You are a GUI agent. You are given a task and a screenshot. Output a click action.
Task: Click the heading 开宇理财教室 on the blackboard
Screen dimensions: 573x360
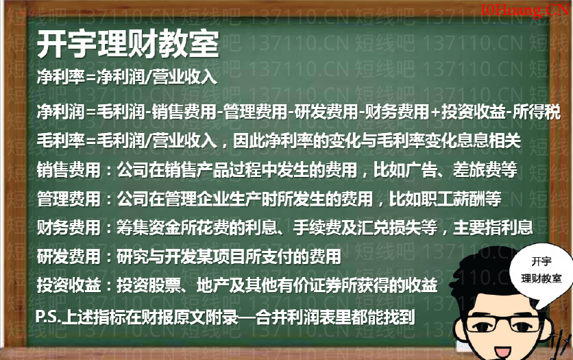point(128,44)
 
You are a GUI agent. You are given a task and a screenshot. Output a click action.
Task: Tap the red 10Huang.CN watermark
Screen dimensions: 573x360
point(525,10)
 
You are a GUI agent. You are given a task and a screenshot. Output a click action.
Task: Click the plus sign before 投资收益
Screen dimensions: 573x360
point(435,112)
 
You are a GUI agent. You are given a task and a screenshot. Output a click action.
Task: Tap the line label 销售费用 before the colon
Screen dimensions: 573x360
point(69,170)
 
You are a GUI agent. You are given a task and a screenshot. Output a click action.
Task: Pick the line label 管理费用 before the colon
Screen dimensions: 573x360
point(69,199)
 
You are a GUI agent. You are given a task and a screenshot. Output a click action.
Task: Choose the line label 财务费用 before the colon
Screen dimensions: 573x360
point(69,228)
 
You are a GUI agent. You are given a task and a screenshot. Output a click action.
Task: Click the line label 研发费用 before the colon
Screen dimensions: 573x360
point(69,256)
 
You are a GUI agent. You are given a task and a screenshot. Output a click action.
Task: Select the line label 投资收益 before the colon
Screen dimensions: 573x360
point(69,285)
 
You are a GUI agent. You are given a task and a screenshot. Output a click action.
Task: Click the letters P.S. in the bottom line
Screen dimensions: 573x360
point(48,317)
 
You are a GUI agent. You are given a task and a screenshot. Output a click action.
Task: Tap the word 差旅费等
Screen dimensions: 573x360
point(485,170)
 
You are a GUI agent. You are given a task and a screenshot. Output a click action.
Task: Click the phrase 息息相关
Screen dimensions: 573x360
point(489,141)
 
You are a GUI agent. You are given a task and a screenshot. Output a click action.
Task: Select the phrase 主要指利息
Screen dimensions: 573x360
point(493,228)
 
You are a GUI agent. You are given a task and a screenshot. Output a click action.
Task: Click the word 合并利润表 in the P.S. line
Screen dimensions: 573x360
point(295,317)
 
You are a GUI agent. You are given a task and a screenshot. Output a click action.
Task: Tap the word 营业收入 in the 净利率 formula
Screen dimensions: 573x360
point(185,77)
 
